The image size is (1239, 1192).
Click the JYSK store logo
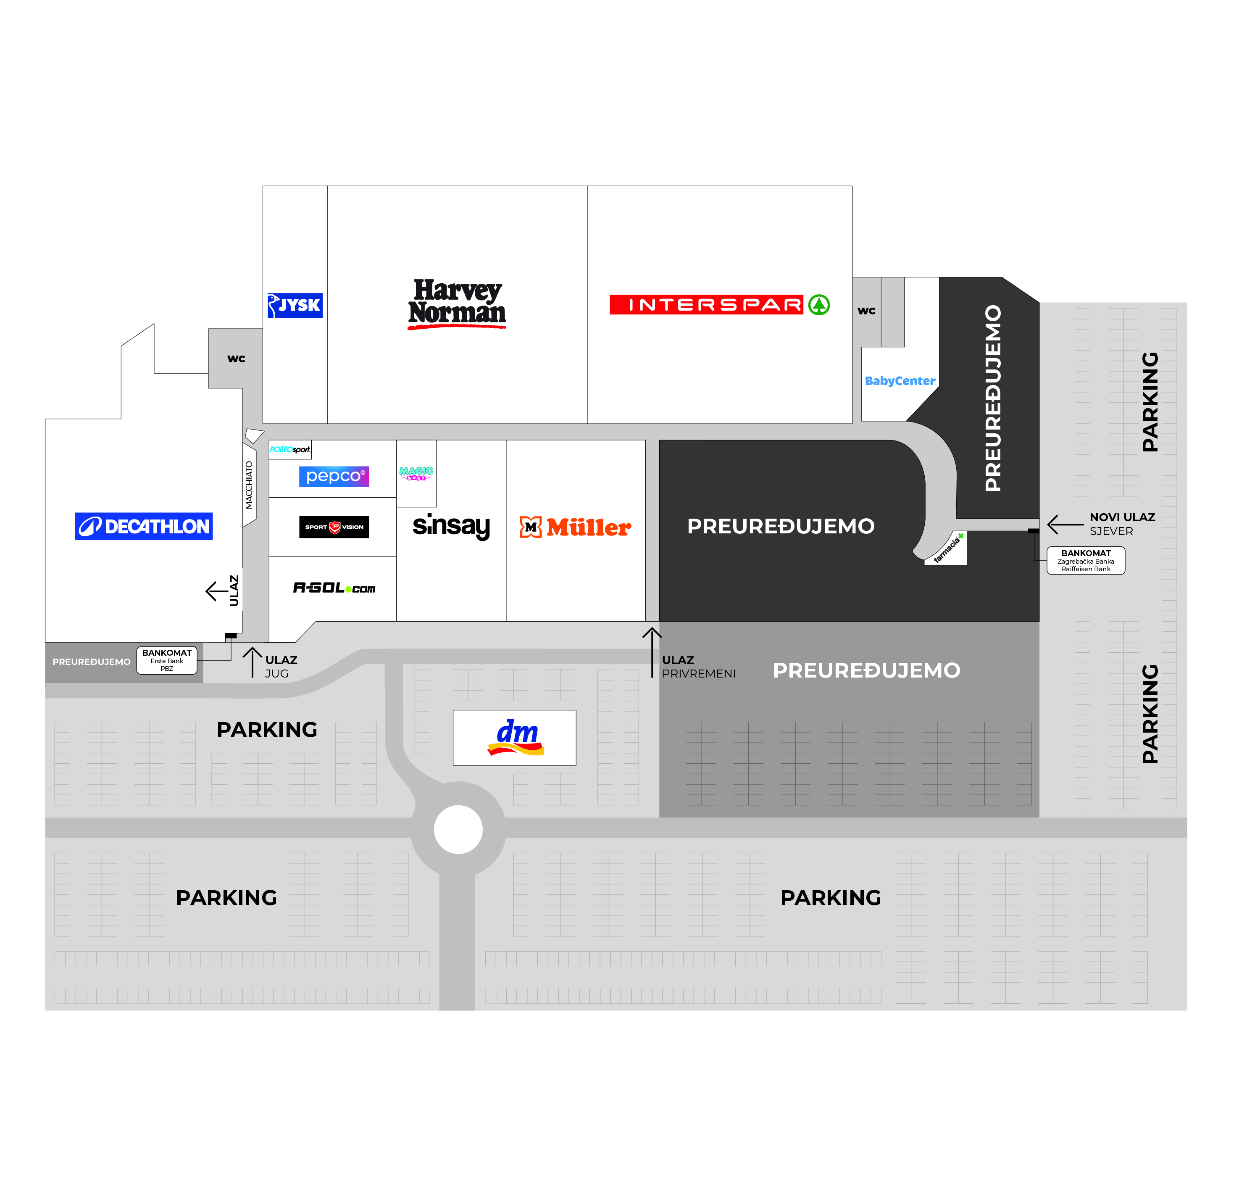295,306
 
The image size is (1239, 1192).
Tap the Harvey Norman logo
457,303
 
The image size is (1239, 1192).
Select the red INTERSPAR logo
719,305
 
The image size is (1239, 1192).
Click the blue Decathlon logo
144,526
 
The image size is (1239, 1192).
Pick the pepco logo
334,476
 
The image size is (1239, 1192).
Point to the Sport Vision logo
334,527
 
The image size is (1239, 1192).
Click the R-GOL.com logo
334,588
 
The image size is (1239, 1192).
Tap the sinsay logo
451,526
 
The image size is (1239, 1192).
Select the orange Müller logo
575,527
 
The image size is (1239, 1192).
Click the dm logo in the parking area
515,737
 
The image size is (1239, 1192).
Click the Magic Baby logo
416,473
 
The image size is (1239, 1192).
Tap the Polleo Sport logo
290,450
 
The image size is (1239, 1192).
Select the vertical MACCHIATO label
249,485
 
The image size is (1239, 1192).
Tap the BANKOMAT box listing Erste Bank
167,660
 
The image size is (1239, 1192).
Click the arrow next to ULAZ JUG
252,662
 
